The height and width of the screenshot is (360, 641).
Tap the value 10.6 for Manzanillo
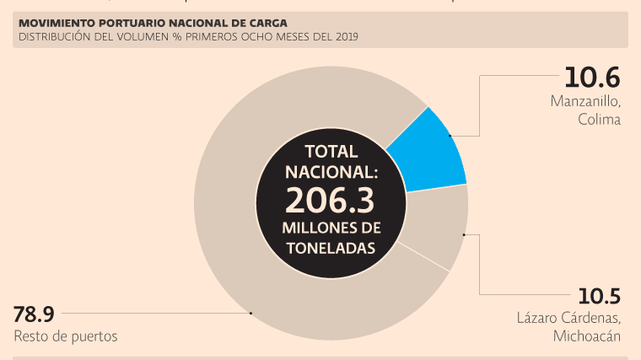point(592,78)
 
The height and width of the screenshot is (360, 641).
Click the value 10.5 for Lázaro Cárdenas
point(599,297)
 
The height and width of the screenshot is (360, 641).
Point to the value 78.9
point(34,314)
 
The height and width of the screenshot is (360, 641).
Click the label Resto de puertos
point(65,336)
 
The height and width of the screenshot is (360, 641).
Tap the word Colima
point(599,120)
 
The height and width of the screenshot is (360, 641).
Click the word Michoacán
point(587,336)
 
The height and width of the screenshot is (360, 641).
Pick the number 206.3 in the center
point(330,201)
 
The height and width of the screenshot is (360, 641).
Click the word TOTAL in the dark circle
point(331,152)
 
